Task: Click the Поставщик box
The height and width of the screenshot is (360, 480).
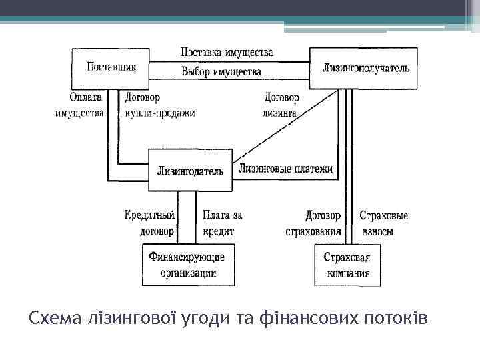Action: [x=111, y=67]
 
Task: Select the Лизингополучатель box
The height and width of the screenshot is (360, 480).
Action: [x=364, y=68]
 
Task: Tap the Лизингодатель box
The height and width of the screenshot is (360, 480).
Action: [x=190, y=170]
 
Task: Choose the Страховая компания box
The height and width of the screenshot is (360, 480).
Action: [x=347, y=265]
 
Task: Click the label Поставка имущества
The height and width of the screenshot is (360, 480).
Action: [x=226, y=52]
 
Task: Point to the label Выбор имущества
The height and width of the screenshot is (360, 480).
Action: [x=221, y=71]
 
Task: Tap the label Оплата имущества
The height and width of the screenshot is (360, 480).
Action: [x=80, y=105]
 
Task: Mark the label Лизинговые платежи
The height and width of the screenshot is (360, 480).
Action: [x=285, y=169]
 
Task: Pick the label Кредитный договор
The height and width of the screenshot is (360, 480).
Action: [x=150, y=223]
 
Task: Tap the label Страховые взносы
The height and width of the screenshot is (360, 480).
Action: [x=383, y=223]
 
